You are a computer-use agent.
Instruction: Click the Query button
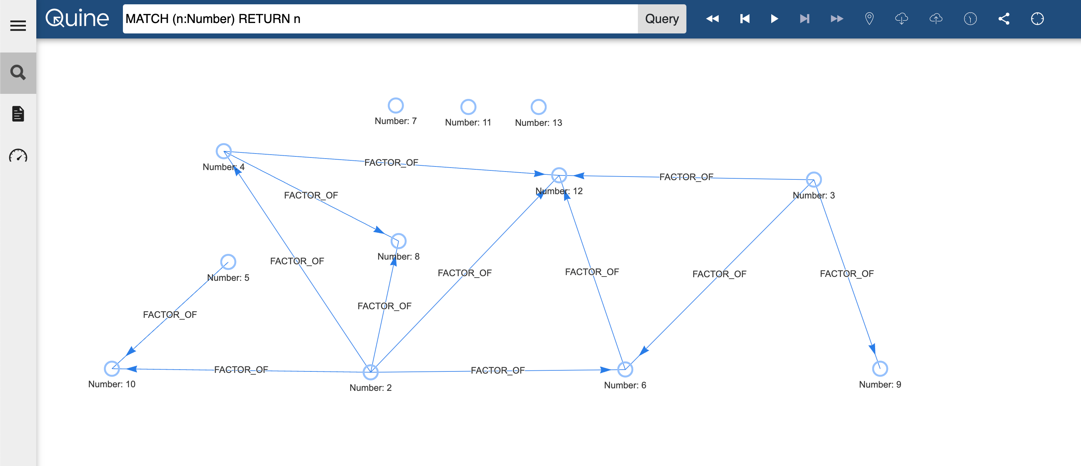pyautogui.click(x=662, y=19)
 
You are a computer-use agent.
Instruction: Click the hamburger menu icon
pyautogui.click(x=18, y=26)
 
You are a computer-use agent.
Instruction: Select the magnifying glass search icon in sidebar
pyautogui.click(x=18, y=73)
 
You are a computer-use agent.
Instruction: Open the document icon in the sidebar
pyautogui.click(x=18, y=114)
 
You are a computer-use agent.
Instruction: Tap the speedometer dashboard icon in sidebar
pyautogui.click(x=18, y=156)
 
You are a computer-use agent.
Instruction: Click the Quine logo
pyautogui.click(x=77, y=18)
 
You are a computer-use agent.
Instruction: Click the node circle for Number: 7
pyautogui.click(x=396, y=106)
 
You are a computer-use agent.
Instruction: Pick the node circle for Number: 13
pyautogui.click(x=538, y=107)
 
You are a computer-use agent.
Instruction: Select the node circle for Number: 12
pyautogui.click(x=559, y=175)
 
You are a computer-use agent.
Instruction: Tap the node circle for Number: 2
pyautogui.click(x=371, y=372)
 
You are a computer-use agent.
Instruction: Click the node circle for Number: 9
pyautogui.click(x=880, y=369)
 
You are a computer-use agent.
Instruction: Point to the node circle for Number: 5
pyautogui.click(x=228, y=262)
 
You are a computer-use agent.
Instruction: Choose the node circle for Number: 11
pyautogui.click(x=468, y=107)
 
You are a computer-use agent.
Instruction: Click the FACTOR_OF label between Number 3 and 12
pyautogui.click(x=686, y=177)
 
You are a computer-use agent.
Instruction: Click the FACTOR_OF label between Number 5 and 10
pyautogui.click(x=170, y=315)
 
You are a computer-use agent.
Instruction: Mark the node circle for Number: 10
pyautogui.click(x=112, y=369)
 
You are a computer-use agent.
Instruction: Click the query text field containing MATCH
pyautogui.click(x=380, y=19)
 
